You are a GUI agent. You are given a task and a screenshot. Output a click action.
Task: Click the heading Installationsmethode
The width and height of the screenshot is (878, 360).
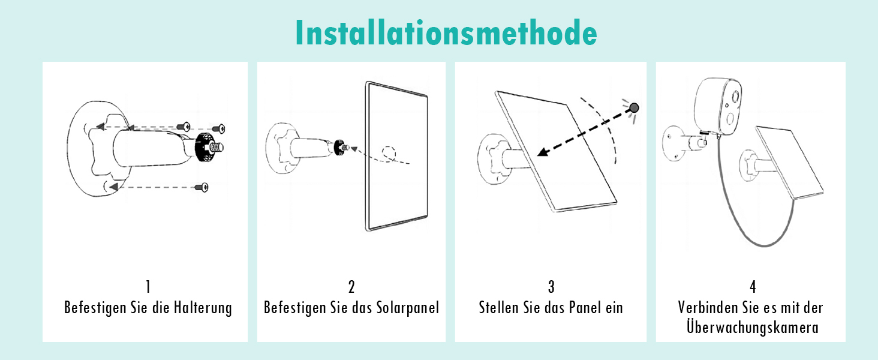coord(446,33)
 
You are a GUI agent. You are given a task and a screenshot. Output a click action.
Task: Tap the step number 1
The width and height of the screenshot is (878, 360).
coord(148,287)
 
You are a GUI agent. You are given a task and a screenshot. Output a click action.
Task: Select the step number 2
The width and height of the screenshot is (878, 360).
coord(351,287)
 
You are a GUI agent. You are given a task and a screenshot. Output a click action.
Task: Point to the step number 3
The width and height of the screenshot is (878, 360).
coord(551,287)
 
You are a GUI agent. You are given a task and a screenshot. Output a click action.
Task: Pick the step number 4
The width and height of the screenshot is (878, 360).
coord(753,287)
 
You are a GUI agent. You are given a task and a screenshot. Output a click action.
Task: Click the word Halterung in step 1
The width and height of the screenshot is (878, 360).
coord(203,308)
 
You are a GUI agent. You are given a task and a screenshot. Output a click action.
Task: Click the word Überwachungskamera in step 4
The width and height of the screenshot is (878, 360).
coord(753,328)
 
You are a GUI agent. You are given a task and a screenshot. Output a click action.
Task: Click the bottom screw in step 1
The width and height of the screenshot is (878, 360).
coord(202,187)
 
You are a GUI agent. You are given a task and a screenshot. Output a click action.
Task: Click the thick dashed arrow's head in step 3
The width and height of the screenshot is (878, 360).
coord(543,152)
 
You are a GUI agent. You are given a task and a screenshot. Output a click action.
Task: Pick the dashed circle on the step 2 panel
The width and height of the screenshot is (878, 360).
coord(389,154)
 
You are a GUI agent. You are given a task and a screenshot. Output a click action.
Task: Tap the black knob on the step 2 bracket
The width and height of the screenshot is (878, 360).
coord(338,148)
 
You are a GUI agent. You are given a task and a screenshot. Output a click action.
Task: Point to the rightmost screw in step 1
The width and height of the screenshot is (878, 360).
coord(218,128)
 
